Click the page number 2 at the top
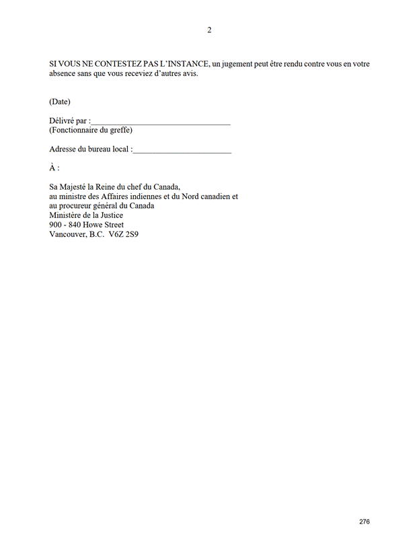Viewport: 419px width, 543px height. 209,30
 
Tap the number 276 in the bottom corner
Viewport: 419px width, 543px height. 365,521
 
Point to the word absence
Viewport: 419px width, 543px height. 63,73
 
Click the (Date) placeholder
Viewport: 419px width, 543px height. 60,102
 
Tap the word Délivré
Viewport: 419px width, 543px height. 61,121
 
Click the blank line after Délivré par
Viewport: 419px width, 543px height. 161,122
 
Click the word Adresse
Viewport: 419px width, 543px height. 63,149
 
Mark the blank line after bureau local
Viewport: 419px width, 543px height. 182,151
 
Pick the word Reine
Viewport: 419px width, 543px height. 115,187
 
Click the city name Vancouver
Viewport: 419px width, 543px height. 67,234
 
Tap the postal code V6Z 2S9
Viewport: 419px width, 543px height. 124,234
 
